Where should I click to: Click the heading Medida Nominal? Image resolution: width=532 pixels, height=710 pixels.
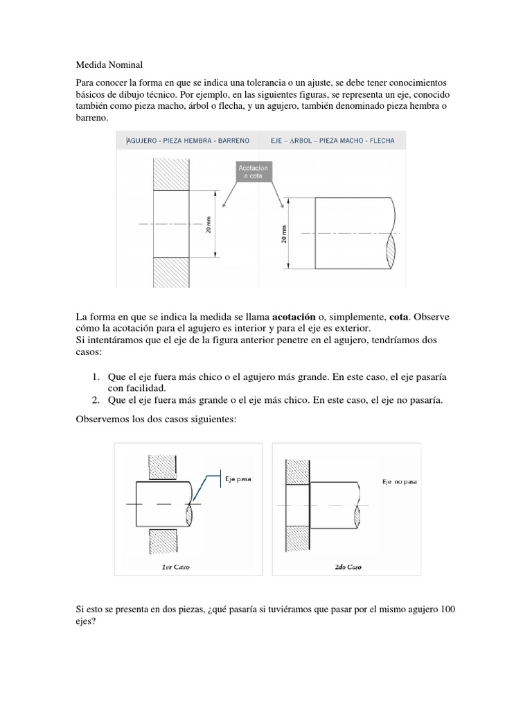pos(109,65)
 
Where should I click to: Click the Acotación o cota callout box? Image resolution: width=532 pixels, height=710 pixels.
pos(252,172)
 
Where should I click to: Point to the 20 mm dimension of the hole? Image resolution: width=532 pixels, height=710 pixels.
pos(208,224)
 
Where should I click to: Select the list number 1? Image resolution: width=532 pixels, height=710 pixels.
pos(96,376)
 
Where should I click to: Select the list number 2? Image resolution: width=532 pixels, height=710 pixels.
pos(96,400)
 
